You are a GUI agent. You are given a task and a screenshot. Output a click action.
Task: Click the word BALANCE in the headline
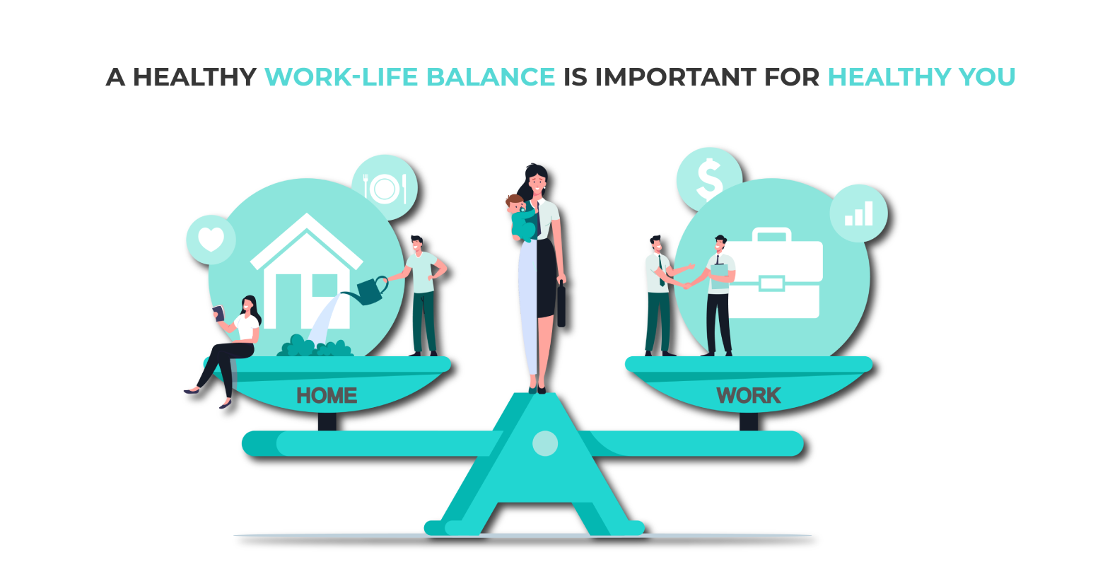coord(490,77)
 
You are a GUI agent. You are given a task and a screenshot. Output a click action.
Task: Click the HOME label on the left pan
coord(327,396)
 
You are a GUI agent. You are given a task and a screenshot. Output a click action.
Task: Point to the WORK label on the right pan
coord(748,396)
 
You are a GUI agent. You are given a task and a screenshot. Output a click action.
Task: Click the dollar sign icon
coord(709,179)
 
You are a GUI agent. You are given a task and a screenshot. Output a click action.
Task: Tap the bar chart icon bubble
coord(859,213)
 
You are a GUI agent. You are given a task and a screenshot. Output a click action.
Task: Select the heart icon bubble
coord(211,240)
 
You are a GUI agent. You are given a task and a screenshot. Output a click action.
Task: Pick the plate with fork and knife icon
coord(385,188)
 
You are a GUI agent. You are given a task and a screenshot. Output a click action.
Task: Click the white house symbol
coord(306,271)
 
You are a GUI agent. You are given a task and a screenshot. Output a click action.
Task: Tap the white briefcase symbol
coord(772,273)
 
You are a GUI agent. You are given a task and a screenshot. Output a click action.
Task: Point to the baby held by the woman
coord(521,218)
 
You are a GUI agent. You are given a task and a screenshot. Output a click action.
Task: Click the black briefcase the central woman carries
coord(561,305)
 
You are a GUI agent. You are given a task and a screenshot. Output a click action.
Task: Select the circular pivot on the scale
coord(545,443)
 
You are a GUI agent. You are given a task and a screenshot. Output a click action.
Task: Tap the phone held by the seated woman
coord(218,313)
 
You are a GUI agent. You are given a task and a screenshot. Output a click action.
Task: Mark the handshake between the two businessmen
coord(687,286)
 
